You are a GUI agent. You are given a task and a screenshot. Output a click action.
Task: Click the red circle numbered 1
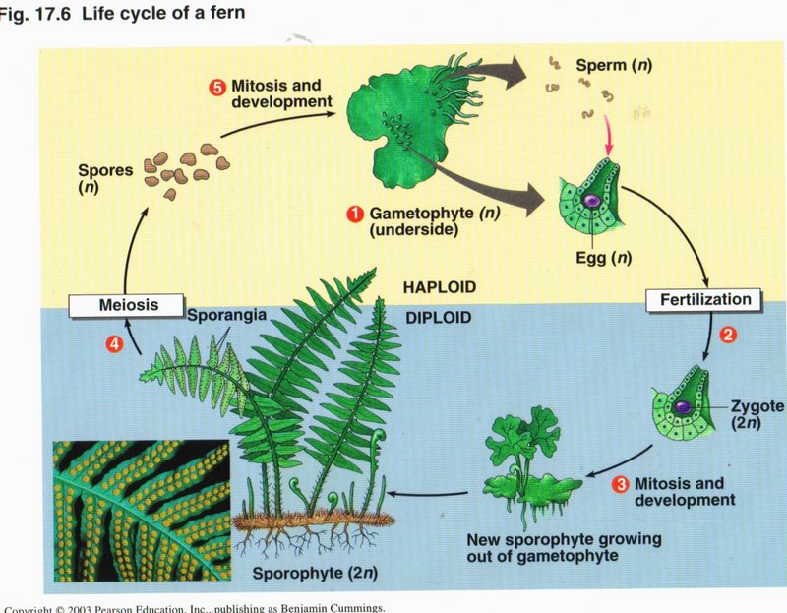tap(353, 212)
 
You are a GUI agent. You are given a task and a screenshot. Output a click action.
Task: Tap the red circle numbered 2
tap(728, 334)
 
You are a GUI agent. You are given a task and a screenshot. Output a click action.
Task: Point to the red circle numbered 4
tap(114, 343)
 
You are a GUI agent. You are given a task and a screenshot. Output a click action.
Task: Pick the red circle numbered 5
tap(218, 86)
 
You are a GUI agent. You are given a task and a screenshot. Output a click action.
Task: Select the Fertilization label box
tap(705, 299)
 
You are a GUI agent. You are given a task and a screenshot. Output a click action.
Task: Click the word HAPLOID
tap(441, 287)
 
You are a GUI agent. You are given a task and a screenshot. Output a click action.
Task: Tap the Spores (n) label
tap(104, 177)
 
